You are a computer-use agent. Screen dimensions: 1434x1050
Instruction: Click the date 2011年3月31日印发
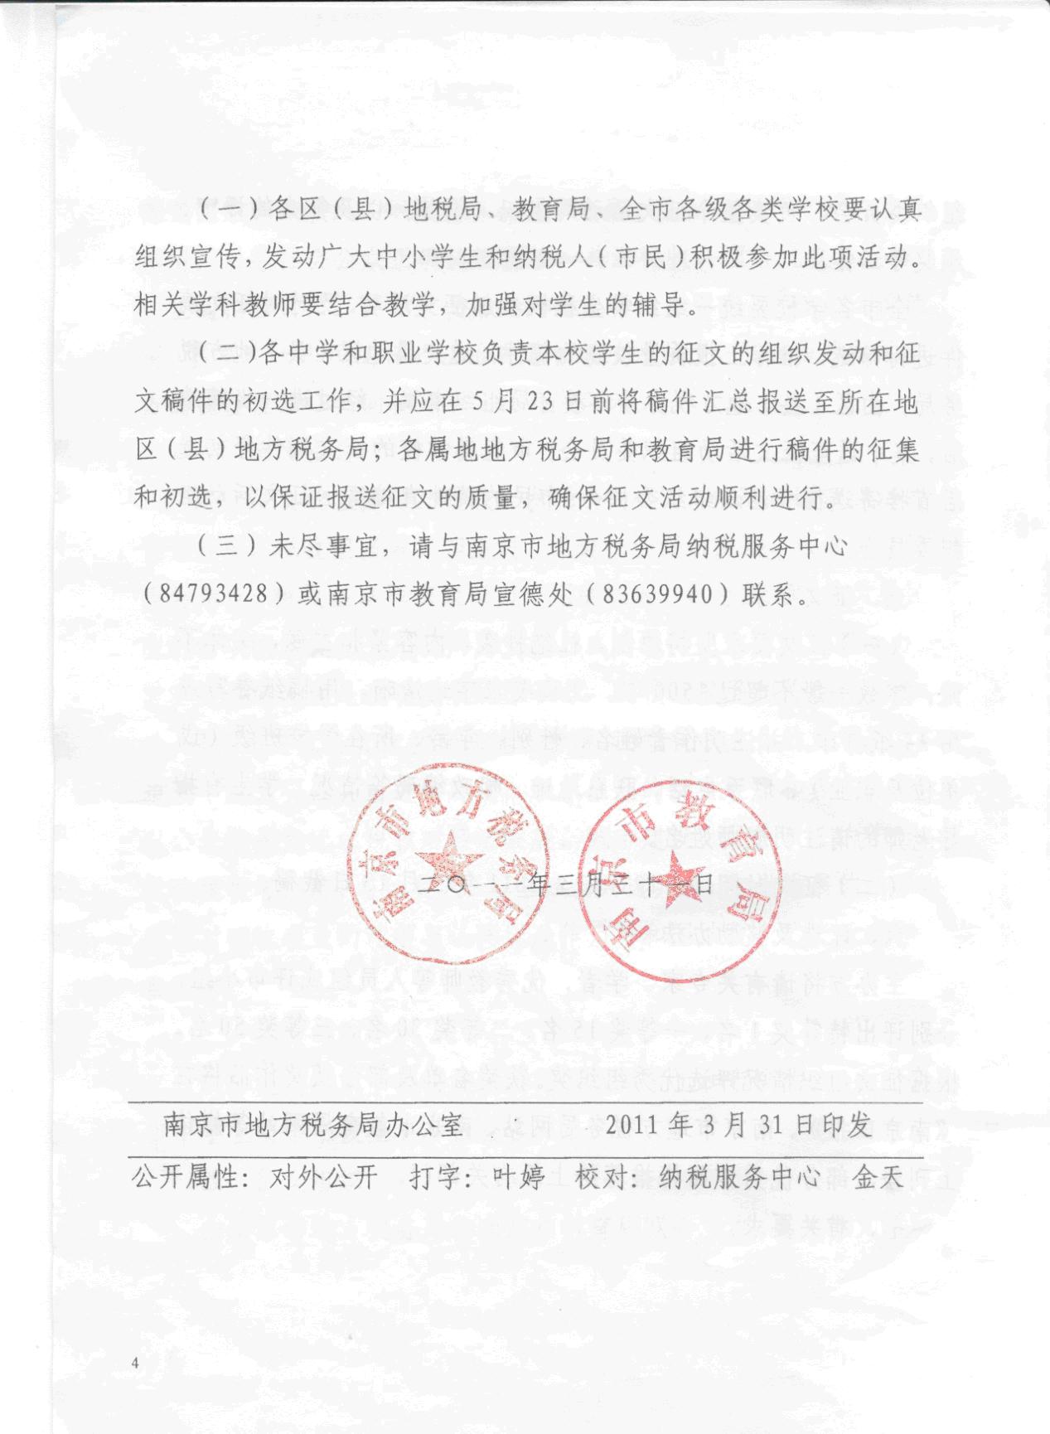pos(738,1125)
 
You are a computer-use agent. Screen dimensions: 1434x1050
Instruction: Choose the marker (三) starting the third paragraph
pos(225,547)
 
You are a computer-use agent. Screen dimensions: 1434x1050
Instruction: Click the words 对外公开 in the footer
pos(323,1177)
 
